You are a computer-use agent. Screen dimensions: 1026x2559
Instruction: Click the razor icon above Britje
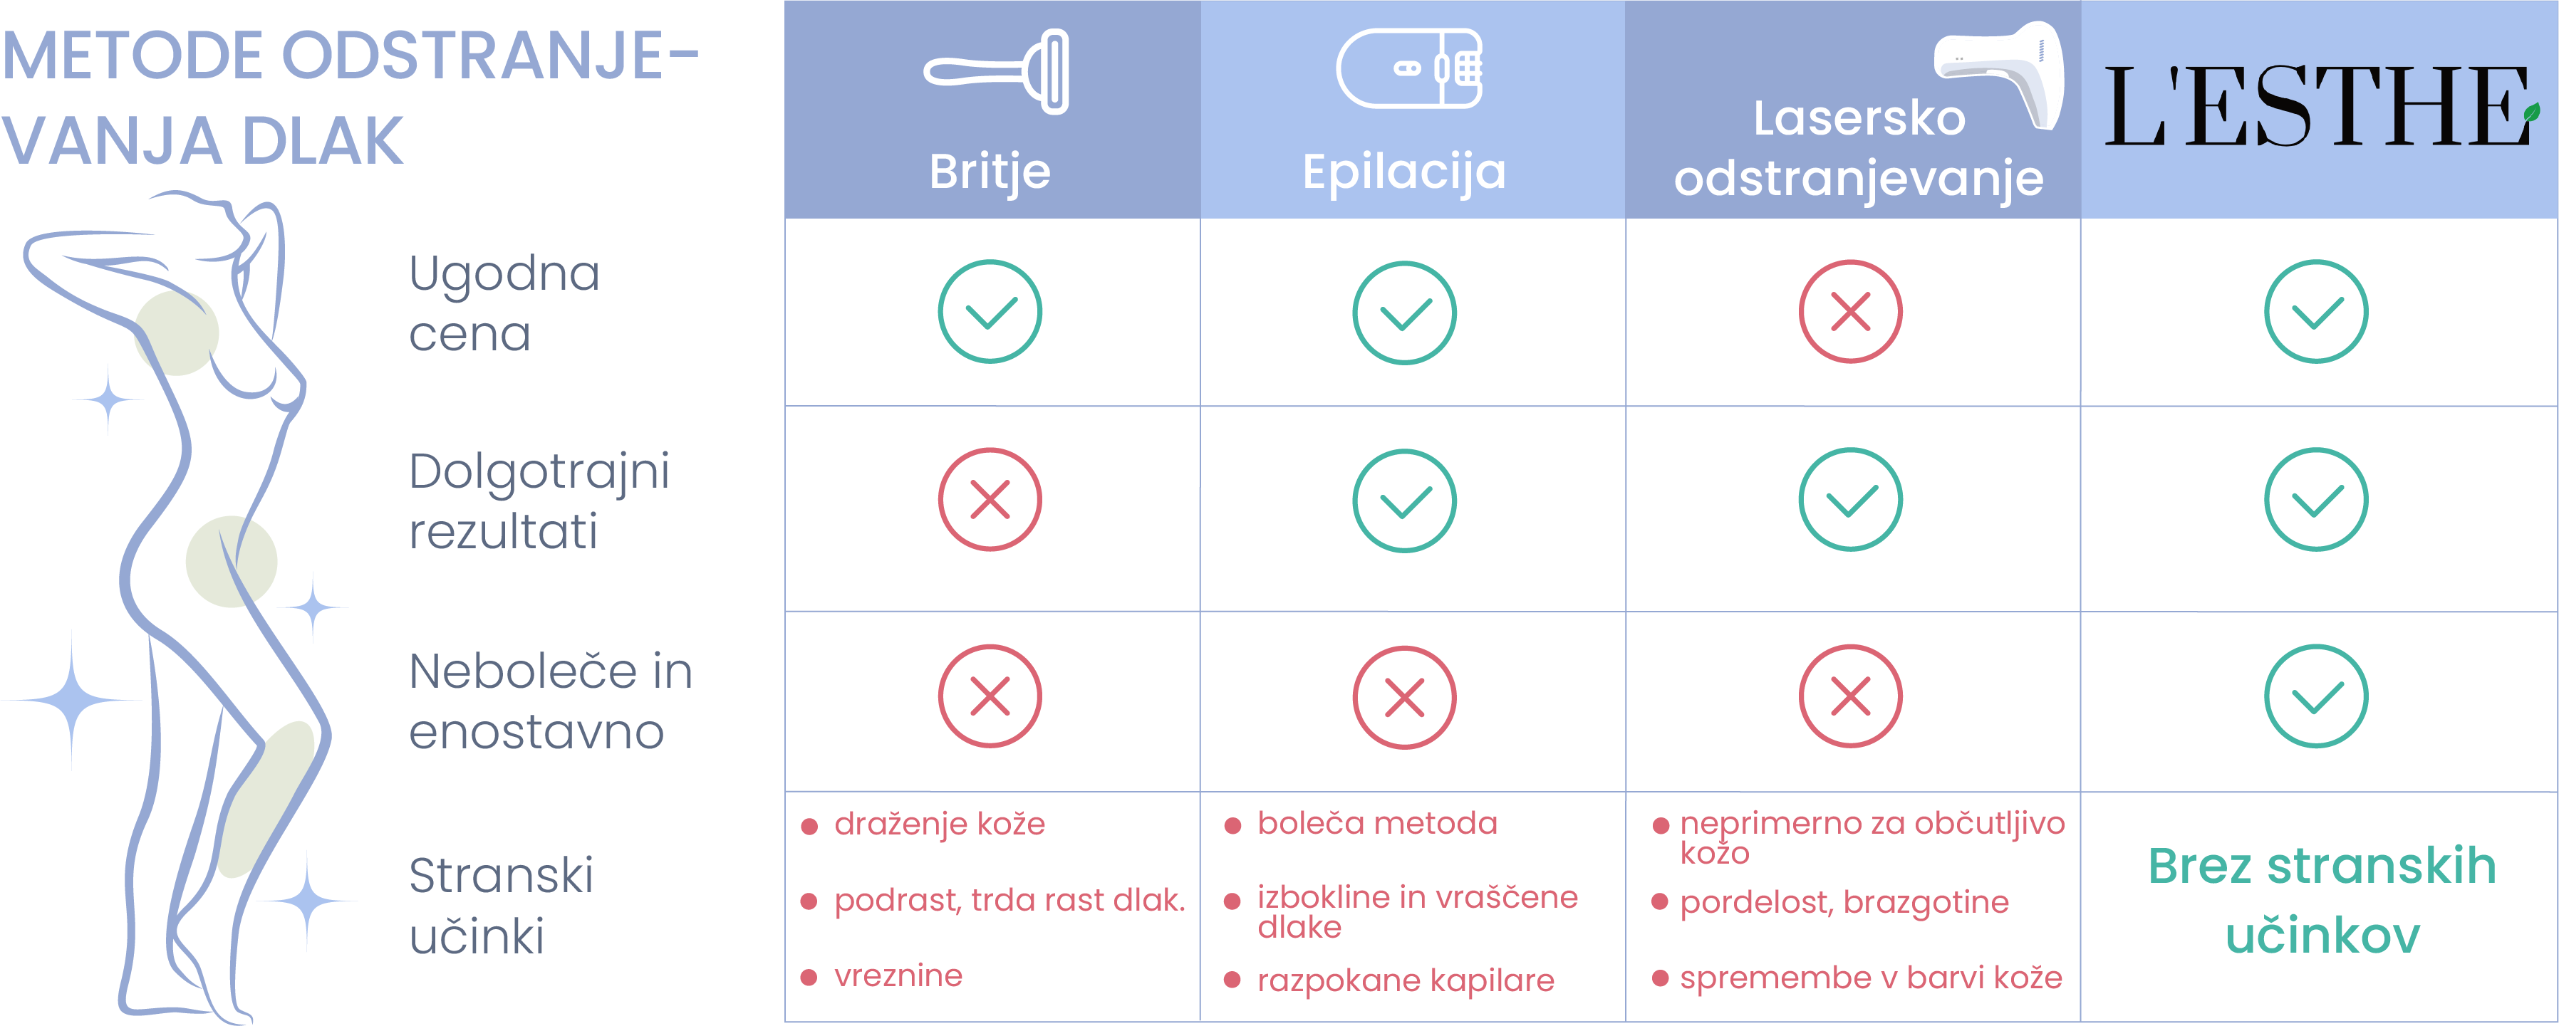pyautogui.click(x=997, y=71)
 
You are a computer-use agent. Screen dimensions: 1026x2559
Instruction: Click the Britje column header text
pyautogui.click(x=990, y=171)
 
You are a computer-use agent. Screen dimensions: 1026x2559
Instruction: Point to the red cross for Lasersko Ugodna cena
pyautogui.click(x=1849, y=312)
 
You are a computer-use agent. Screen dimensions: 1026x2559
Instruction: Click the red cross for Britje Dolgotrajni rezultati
pyautogui.click(x=990, y=500)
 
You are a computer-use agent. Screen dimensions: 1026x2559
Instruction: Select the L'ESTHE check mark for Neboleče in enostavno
pyautogui.click(x=2315, y=696)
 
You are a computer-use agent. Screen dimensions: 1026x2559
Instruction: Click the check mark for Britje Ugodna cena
pyautogui.click(x=990, y=312)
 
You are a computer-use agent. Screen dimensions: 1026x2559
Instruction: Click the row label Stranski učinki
pyautogui.click(x=502, y=905)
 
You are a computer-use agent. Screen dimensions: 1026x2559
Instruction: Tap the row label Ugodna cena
pyautogui.click(x=504, y=303)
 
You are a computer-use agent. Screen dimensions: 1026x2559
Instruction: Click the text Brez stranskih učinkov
pyautogui.click(x=2322, y=900)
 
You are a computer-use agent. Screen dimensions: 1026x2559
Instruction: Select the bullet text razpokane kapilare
pyautogui.click(x=1406, y=980)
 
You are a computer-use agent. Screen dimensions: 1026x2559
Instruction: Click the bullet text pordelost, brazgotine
pyautogui.click(x=1844, y=902)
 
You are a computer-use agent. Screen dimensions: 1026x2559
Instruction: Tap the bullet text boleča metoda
pyautogui.click(x=1377, y=823)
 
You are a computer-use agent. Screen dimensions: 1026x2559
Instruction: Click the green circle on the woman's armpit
pyautogui.click(x=177, y=333)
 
